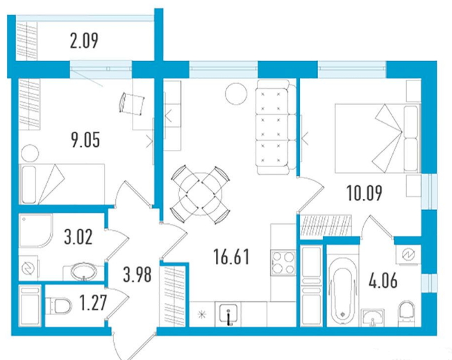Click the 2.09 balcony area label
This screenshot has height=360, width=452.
tap(84, 41)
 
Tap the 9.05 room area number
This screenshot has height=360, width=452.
tap(85, 141)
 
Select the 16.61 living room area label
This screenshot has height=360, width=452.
tap(231, 257)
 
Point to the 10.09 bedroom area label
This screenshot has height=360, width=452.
tap(365, 194)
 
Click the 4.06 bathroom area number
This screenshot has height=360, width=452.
tap(383, 281)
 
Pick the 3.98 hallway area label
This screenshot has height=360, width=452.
tap(137, 275)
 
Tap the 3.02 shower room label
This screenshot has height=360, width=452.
tap(78, 237)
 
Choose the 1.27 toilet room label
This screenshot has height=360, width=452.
tap(94, 303)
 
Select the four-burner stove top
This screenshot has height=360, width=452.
tap(284, 262)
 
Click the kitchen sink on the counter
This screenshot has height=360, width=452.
tap(228, 314)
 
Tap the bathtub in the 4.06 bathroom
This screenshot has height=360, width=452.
tap(342, 291)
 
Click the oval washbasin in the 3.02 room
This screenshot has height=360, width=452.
tap(83, 271)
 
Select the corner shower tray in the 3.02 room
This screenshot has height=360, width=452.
tap(35, 231)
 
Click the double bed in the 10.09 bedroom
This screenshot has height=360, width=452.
tap(377, 139)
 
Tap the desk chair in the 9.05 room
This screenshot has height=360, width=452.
tap(131, 103)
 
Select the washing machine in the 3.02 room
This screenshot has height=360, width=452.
tap(28, 268)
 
